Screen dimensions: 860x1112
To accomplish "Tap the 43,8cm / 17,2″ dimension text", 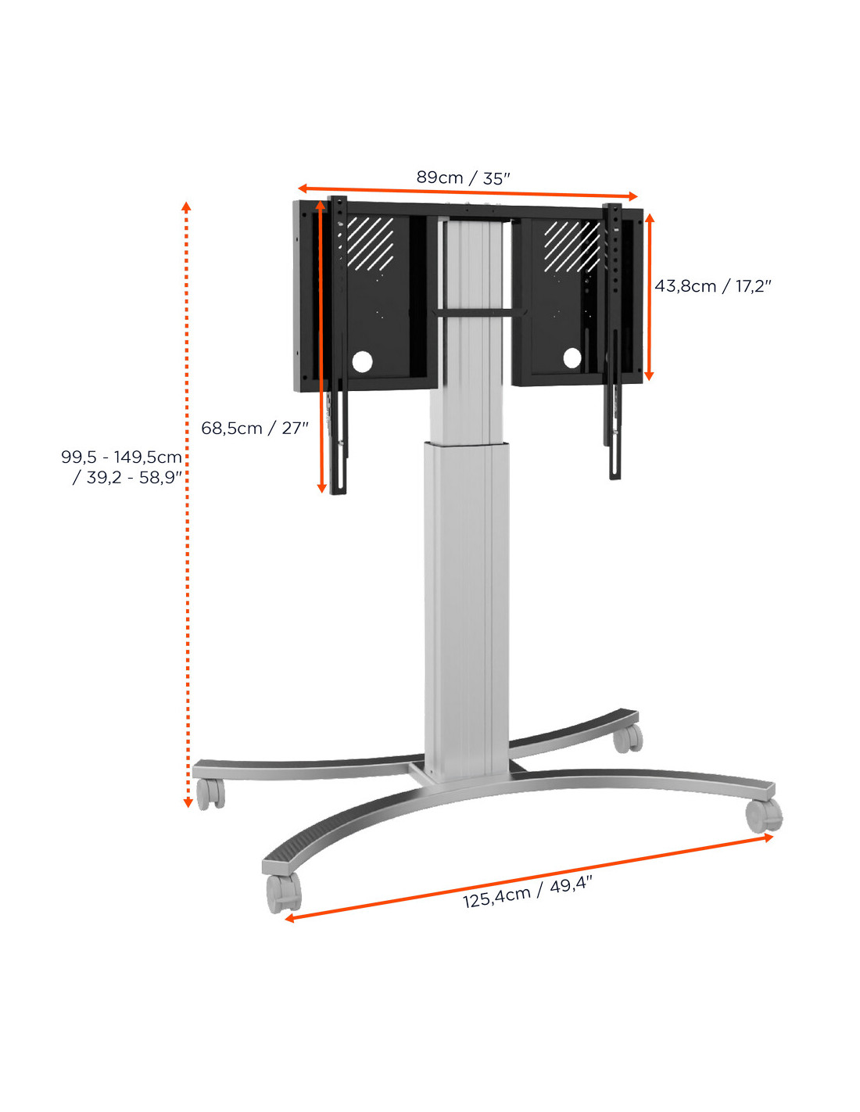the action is tap(712, 285).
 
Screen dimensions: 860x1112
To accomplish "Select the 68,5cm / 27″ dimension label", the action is tap(255, 427).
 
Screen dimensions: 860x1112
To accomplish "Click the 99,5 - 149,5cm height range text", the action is tap(121, 456).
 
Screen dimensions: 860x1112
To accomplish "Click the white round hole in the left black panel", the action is tap(362, 362).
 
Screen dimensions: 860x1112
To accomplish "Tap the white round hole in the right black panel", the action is tap(572, 357).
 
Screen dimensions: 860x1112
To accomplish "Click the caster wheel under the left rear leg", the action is tap(210, 794).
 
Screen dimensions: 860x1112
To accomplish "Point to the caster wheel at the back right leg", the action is tap(628, 738).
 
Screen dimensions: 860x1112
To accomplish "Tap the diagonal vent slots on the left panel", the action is tap(370, 243).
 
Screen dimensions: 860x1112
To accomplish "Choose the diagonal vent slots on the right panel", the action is tap(572, 246).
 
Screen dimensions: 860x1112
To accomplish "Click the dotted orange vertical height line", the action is tap(187, 504).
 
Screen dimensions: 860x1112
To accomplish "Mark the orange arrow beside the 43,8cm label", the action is tap(649, 297).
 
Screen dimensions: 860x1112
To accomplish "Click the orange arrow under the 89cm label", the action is tap(468, 192).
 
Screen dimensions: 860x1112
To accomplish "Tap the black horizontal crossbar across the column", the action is tap(480, 312).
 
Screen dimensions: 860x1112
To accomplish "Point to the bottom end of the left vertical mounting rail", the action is tap(338, 493).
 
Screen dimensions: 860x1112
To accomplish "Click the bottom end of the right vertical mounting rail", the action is tap(615, 478).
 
